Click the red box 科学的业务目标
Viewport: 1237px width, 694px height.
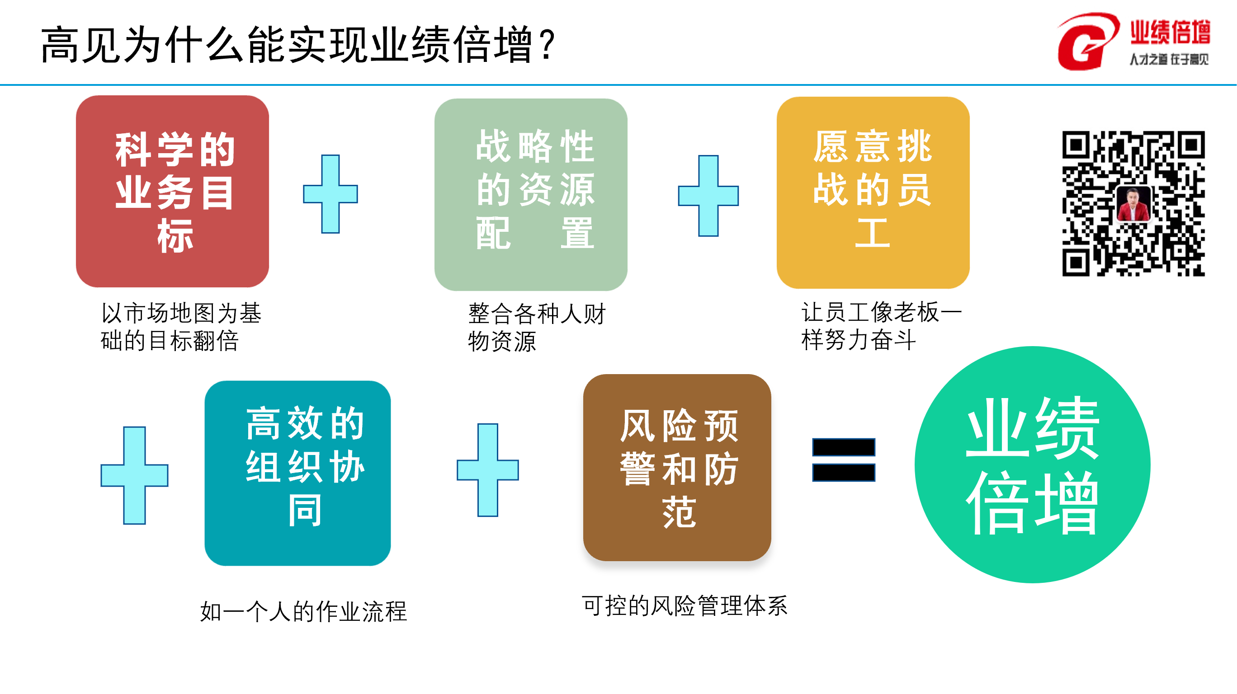click(x=172, y=191)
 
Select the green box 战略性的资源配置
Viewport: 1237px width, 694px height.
click(x=531, y=194)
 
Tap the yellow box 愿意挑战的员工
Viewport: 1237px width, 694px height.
click(x=873, y=192)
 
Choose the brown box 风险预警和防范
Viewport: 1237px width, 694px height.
click(x=677, y=467)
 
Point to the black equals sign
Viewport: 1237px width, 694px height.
click(x=843, y=460)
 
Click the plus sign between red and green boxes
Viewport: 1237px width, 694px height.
click(x=330, y=194)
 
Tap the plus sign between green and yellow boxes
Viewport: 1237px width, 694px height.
click(x=708, y=196)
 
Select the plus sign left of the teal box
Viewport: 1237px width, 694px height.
click(x=134, y=475)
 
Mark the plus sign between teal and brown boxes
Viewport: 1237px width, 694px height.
click(x=487, y=469)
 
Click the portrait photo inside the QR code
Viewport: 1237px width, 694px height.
click(x=1133, y=204)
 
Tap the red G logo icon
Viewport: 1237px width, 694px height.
click(x=1086, y=42)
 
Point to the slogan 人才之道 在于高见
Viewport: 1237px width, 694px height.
click(x=1169, y=60)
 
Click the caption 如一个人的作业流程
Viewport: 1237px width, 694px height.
click(x=303, y=611)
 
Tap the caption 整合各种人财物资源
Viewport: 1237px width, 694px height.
click(x=536, y=327)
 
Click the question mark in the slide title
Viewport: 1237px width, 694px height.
click(x=547, y=45)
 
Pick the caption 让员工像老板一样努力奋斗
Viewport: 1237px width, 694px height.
click(x=881, y=326)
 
